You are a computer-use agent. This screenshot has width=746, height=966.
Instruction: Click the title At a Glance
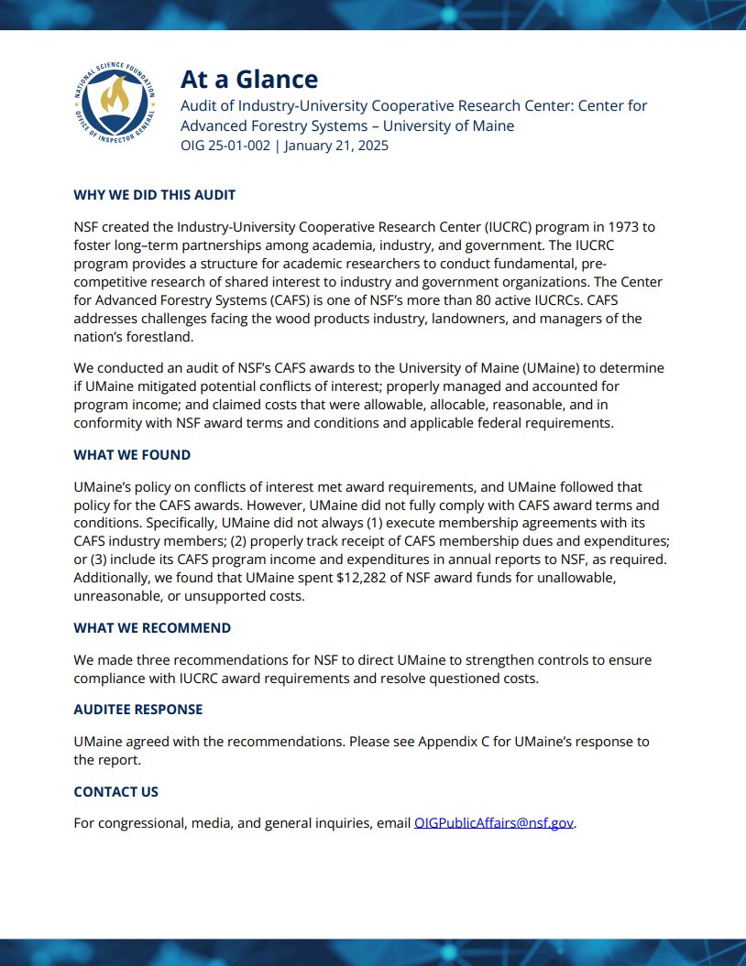click(248, 80)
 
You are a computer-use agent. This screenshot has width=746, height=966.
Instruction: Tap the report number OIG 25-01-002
click(225, 146)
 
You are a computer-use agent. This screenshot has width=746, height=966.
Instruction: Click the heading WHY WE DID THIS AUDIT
click(154, 195)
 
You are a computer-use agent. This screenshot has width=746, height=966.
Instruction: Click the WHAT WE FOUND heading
click(132, 455)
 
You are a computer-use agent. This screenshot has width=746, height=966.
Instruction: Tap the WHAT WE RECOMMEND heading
click(152, 628)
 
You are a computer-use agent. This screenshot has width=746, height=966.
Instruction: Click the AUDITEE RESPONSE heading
click(137, 710)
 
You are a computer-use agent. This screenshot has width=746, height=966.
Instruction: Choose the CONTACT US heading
click(115, 791)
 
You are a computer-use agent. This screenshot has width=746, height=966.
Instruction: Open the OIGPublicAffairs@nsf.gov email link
click(494, 823)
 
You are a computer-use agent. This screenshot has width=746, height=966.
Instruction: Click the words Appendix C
click(455, 742)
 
